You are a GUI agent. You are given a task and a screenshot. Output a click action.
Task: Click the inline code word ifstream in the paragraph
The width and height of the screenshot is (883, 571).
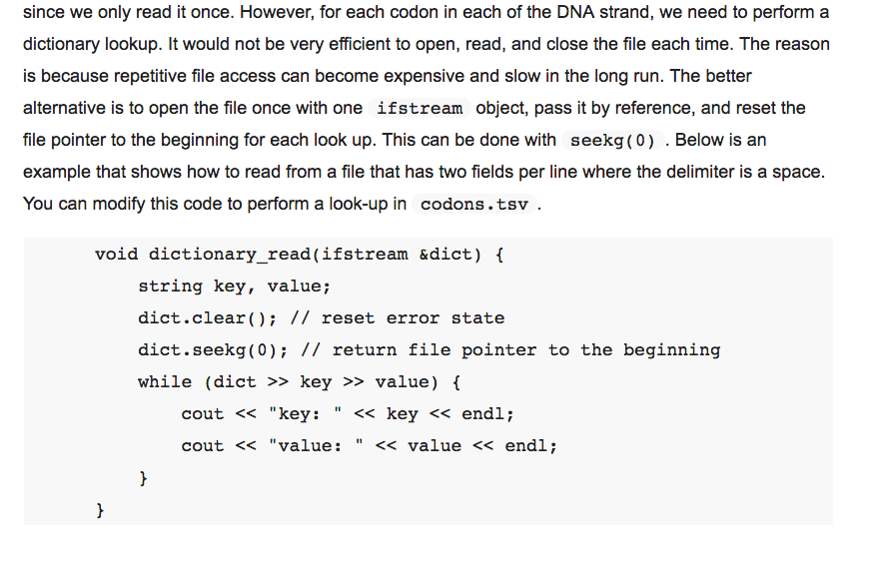coord(420,108)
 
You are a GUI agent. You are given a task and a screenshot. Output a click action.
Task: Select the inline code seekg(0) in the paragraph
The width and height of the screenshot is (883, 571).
coord(612,141)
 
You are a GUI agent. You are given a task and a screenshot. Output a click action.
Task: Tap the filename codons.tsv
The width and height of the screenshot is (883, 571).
coord(474,205)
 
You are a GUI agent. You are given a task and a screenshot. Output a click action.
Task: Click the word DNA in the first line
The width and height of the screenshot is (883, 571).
coord(575,12)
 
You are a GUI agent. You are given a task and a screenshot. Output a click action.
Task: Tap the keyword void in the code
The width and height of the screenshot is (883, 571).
coord(116,255)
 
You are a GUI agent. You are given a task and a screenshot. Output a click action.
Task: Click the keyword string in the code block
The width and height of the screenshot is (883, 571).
coord(170,286)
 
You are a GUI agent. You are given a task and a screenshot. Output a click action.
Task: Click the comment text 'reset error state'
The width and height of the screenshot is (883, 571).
coord(413,318)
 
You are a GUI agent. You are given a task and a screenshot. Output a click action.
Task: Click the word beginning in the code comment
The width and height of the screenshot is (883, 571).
coord(672,350)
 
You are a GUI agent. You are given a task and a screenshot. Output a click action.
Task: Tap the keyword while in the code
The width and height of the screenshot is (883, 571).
coord(165,382)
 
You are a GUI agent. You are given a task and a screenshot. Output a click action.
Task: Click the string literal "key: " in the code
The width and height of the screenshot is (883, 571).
coord(305,414)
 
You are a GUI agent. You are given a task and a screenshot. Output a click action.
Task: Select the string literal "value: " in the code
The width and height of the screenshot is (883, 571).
coord(316,446)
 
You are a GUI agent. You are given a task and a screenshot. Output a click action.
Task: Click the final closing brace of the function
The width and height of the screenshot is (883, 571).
coord(100,510)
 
